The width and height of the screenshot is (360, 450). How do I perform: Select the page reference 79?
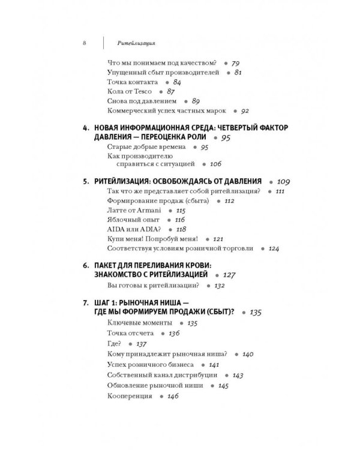(235, 62)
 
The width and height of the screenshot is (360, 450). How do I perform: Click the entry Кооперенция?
(129, 396)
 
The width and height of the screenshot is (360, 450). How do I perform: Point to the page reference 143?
(238, 376)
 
